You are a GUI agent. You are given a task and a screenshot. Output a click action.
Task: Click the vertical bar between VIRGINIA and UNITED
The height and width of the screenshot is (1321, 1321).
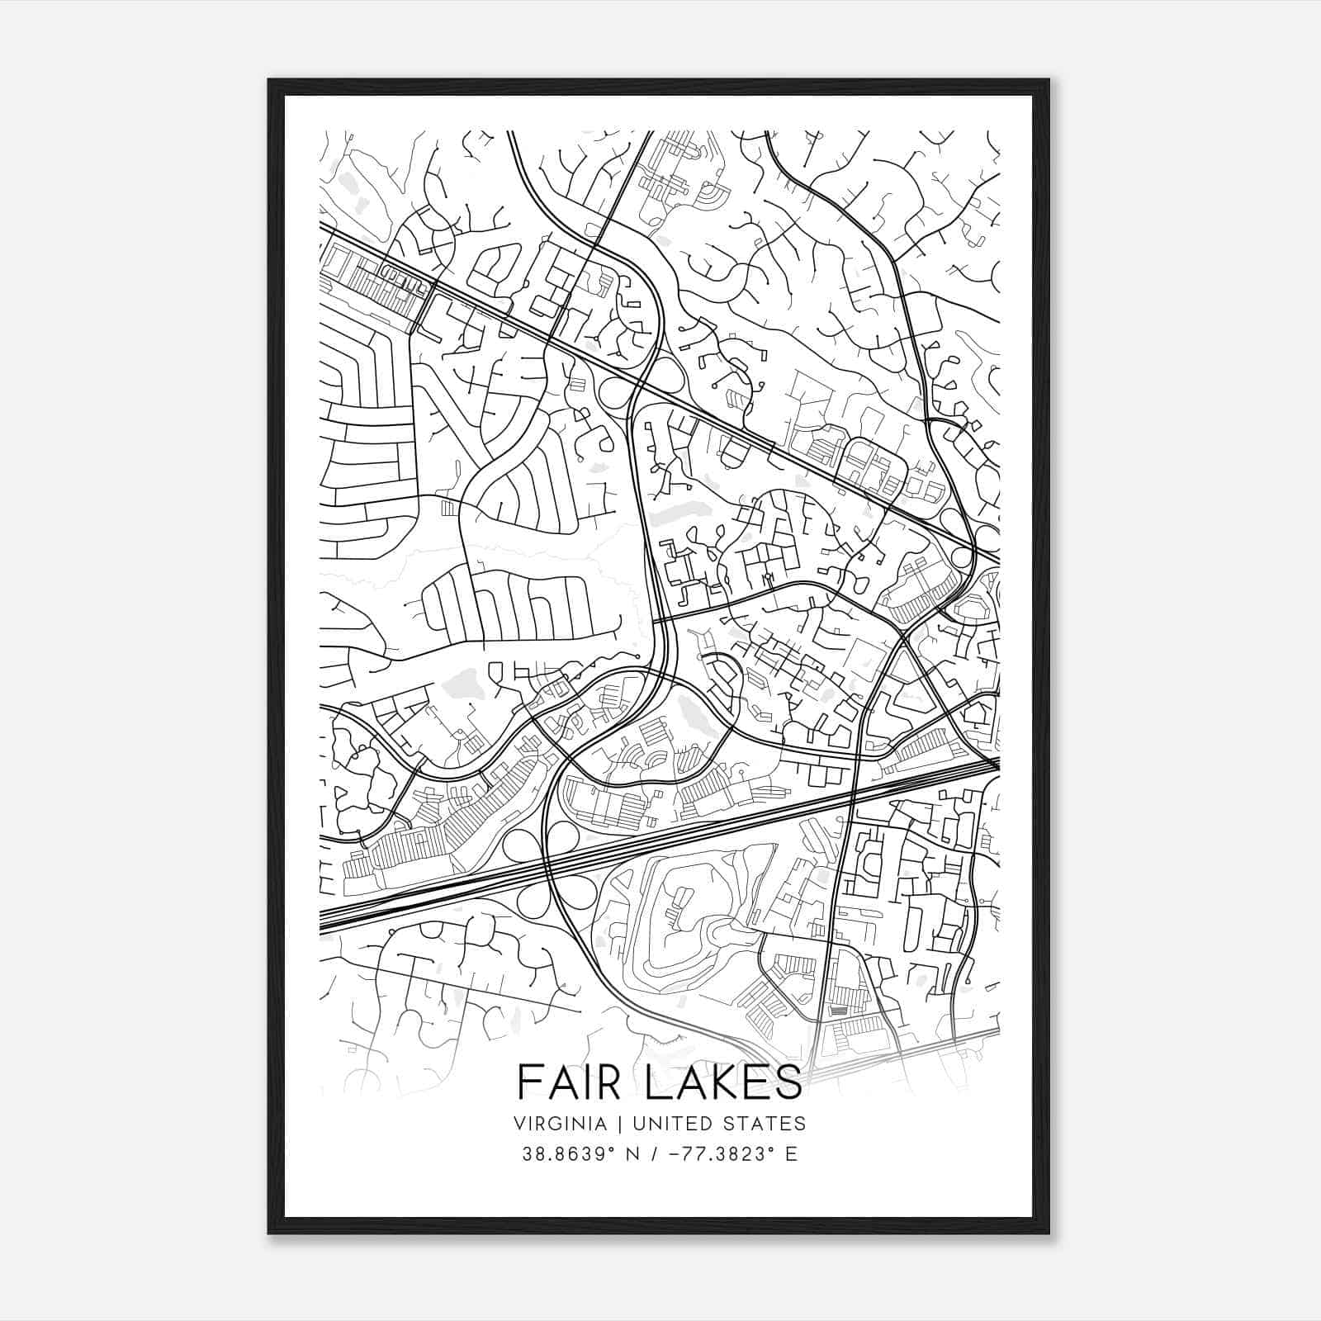coord(609,1123)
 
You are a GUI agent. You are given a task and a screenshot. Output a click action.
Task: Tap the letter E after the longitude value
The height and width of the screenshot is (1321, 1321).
coord(792,1154)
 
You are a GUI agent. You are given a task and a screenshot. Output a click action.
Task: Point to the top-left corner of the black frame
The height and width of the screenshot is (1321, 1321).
coord(268,79)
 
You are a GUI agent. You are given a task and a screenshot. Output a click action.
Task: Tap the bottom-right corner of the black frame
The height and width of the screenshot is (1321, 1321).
coord(1049,1233)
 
